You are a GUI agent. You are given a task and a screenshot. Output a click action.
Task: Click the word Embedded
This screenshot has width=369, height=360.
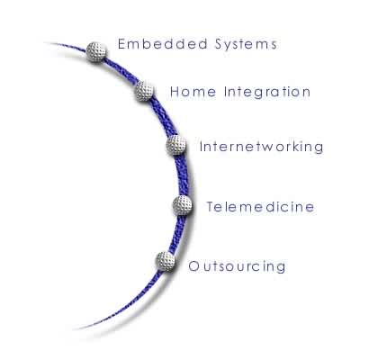163,44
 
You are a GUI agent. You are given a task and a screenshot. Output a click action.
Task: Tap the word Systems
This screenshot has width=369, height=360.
246,45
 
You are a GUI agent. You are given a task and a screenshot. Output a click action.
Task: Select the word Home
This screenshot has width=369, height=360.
193,92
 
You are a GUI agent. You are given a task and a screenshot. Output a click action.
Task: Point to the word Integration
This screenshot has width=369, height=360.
267,92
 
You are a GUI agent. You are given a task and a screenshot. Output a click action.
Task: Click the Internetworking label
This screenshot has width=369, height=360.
262,148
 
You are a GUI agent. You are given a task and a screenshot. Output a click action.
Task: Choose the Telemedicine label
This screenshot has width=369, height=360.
260,207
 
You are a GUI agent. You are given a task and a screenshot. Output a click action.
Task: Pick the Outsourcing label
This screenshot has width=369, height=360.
237,266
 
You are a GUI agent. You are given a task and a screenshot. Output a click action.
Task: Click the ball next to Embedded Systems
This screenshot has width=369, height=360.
96,52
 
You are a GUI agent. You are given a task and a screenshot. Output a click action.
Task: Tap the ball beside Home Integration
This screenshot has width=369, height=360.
145,91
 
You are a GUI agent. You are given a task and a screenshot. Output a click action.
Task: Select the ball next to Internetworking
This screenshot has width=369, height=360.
176,145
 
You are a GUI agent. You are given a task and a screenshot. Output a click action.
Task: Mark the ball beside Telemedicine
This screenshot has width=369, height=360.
183,205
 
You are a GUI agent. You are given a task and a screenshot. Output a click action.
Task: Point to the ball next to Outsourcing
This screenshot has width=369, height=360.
166,261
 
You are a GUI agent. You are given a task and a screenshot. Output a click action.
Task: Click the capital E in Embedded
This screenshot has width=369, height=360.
121,44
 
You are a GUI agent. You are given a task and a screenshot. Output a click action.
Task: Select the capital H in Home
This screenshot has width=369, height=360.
175,92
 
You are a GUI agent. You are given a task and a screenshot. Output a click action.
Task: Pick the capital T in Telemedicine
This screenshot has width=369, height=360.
211,207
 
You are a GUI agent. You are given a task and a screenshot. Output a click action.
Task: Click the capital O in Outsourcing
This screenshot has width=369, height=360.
193,266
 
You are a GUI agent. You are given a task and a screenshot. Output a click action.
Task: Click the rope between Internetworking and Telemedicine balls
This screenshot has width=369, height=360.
182,175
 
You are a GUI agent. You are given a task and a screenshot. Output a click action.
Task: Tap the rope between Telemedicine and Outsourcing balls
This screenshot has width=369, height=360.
176,234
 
